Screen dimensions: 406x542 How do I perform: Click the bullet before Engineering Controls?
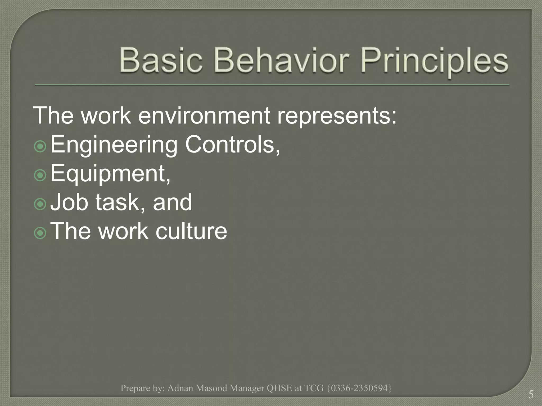[40, 146]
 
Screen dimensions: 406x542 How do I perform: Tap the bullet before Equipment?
[40, 175]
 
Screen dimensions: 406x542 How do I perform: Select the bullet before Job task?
[40, 204]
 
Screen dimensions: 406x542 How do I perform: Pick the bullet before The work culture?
[40, 233]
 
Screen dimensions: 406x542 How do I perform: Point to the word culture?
[191, 231]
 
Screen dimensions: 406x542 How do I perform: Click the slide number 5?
[531, 395]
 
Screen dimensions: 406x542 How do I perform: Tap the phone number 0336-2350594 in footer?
[359, 388]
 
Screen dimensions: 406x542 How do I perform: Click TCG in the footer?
[314, 388]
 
